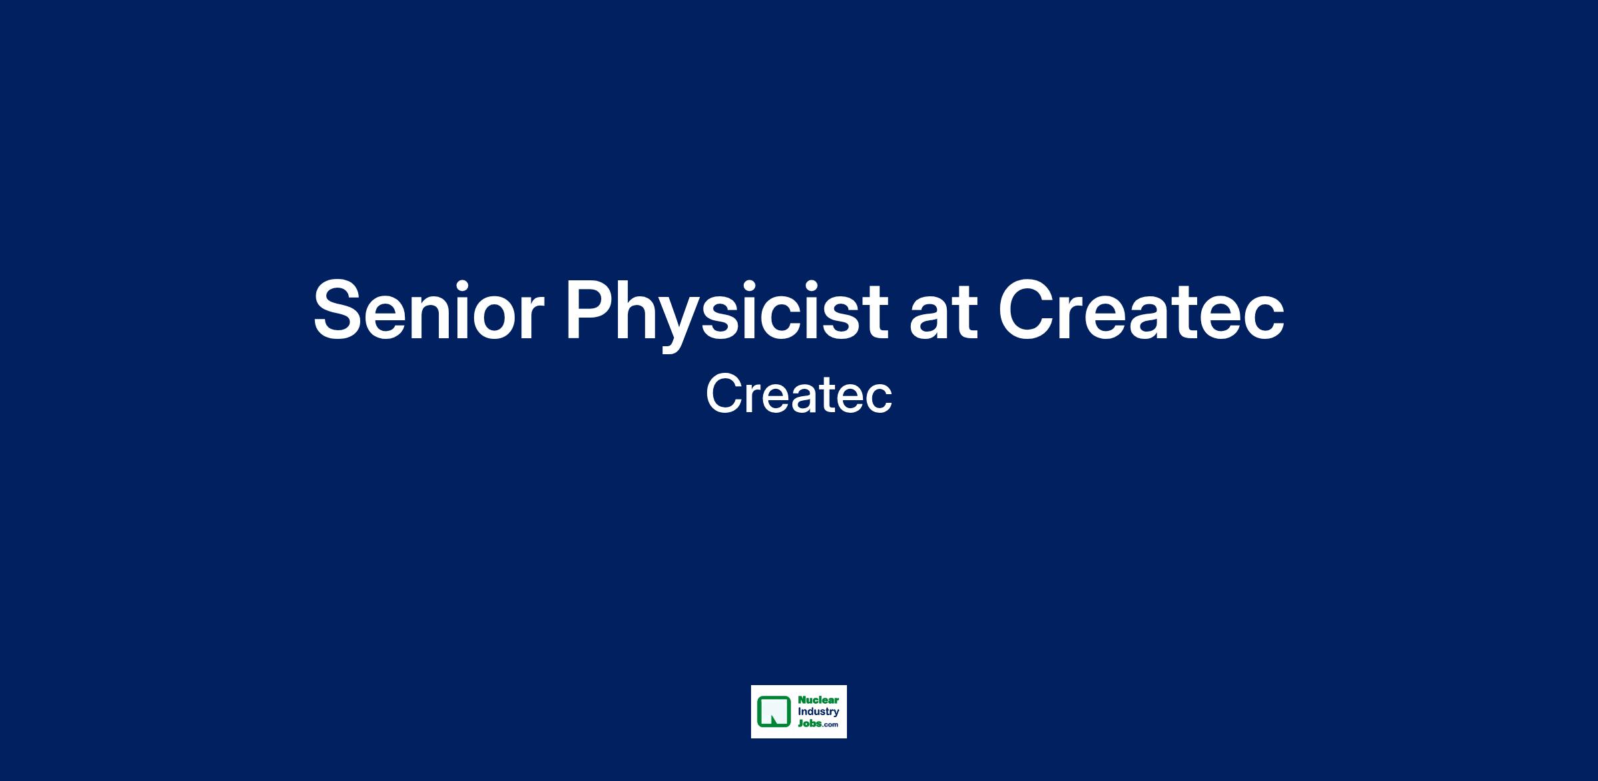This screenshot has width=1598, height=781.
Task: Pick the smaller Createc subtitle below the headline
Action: [x=799, y=394]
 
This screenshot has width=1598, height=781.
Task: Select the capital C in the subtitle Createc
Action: [x=724, y=394]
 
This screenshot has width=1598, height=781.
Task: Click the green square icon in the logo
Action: [x=774, y=712]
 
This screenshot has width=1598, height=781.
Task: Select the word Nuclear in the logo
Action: [x=818, y=700]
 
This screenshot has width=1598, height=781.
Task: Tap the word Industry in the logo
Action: [x=818, y=712]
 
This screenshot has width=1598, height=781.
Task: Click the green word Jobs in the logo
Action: [x=810, y=724]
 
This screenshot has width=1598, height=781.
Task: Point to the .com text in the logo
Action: [x=830, y=725]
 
